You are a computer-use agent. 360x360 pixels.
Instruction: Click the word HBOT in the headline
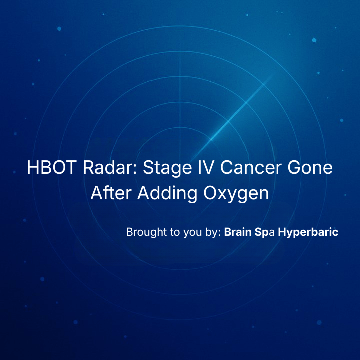point(52,167)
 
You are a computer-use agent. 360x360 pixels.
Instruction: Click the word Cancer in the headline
point(251,167)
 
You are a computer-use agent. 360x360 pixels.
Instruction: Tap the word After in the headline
point(111,193)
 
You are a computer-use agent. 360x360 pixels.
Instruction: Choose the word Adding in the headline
point(167,194)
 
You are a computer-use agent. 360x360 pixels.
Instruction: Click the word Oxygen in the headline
point(236,194)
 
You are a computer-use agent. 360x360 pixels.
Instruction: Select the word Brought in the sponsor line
point(146,232)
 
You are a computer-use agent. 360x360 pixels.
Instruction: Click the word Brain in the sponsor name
point(238,232)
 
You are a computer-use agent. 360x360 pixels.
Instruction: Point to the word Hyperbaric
point(308,232)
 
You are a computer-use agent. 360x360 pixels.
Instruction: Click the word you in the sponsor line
point(193,233)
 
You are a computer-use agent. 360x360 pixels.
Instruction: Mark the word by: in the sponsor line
point(213,233)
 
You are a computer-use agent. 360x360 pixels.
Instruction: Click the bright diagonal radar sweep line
point(232,119)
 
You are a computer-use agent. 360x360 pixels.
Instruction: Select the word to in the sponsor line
point(175,232)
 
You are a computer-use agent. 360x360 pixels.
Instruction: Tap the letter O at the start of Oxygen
point(211,193)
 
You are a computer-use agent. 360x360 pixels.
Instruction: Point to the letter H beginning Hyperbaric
point(282,232)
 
